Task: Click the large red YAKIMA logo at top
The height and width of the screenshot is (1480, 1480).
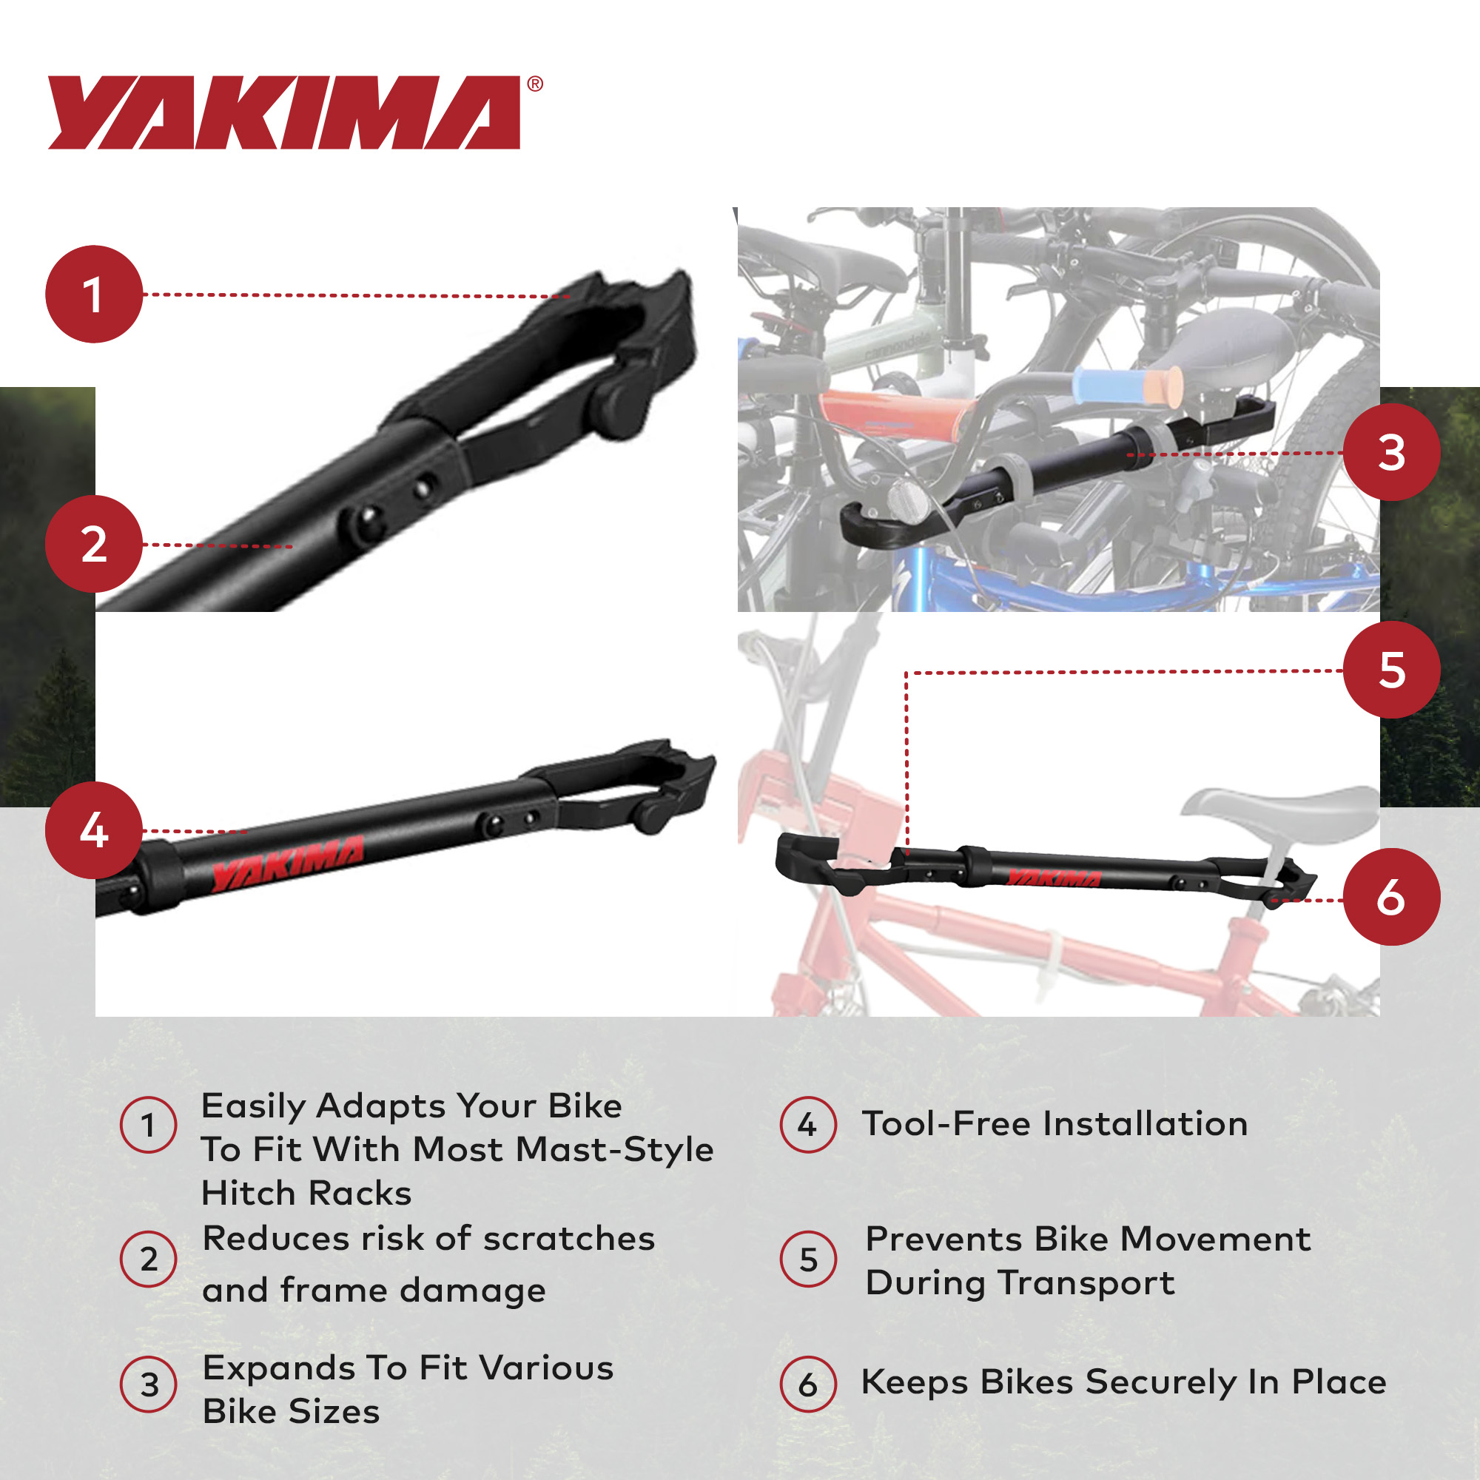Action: coord(284,112)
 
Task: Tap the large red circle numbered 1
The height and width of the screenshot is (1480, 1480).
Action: coord(94,295)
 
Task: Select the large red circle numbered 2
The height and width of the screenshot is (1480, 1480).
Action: coord(94,544)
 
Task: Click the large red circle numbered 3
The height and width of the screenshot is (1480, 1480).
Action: coord(1392,453)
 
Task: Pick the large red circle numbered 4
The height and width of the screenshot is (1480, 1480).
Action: coord(94,830)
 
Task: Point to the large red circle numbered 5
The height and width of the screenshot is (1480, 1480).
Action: coord(1392,670)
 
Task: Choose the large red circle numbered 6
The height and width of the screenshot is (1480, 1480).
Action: coord(1392,896)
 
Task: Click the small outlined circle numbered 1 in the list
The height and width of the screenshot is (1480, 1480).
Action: coord(149,1126)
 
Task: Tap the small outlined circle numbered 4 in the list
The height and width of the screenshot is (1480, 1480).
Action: coord(807,1125)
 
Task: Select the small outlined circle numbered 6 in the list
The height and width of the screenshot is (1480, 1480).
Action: coord(807,1385)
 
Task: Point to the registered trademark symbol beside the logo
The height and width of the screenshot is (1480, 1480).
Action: coord(535,84)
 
